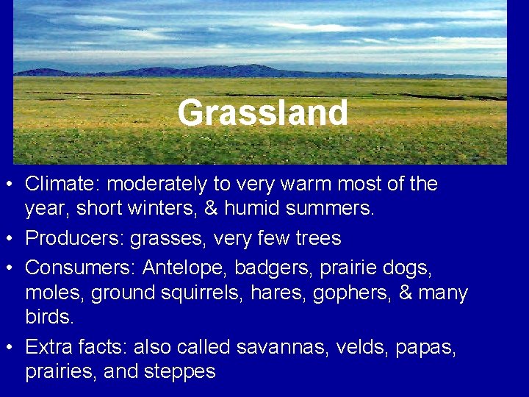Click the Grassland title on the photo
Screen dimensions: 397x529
click(x=262, y=113)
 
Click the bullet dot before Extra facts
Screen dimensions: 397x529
click(x=12, y=348)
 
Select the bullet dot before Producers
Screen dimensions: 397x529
click(x=12, y=239)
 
